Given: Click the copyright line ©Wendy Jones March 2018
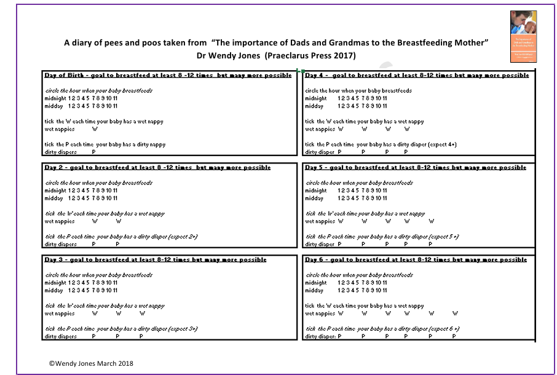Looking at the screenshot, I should point(91,363).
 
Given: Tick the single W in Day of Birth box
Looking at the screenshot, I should point(95,129).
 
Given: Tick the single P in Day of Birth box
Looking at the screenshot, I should point(93,152).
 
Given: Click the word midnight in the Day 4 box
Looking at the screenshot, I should point(316,98).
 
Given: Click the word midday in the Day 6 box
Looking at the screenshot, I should point(314,290).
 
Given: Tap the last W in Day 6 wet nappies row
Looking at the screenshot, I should point(455,314).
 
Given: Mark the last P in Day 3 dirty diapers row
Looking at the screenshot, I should point(141,336).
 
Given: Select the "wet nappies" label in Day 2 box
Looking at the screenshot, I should point(60,221).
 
